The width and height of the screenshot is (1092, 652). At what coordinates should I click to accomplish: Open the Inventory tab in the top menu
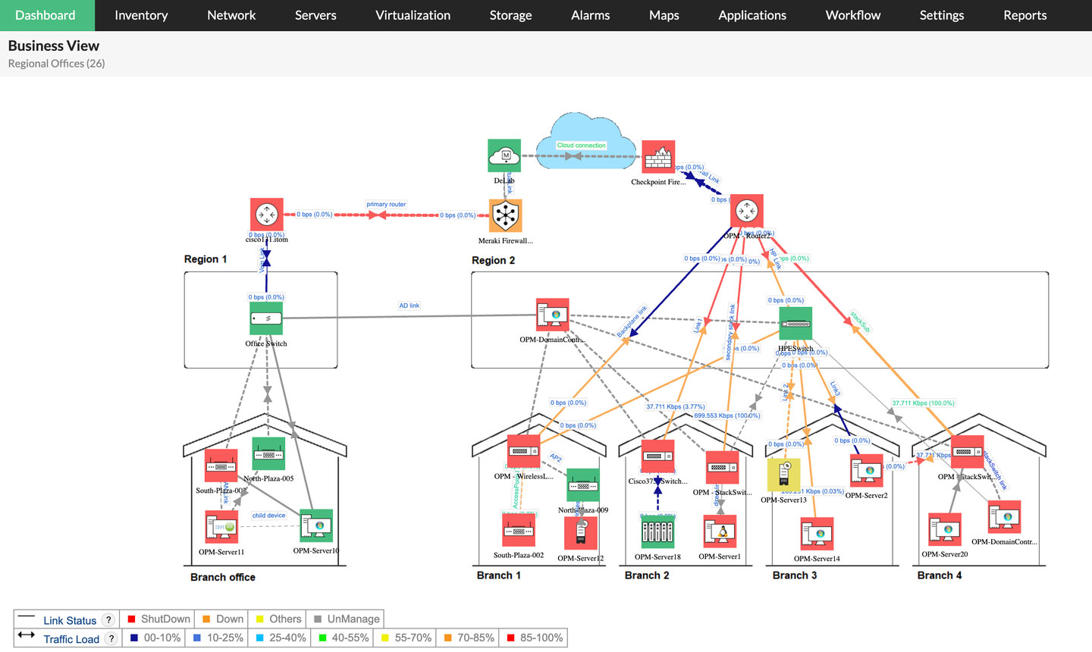(x=141, y=15)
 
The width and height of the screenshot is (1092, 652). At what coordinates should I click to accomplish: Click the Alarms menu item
(x=590, y=15)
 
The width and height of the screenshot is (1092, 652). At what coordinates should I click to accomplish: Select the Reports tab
(x=1025, y=15)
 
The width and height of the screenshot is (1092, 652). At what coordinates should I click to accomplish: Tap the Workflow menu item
(x=852, y=15)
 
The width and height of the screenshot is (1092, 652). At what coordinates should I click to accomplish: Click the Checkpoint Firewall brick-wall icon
(x=658, y=157)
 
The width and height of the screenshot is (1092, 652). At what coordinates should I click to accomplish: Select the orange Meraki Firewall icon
(x=505, y=216)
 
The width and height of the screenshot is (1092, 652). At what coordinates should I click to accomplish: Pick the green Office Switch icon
(x=266, y=318)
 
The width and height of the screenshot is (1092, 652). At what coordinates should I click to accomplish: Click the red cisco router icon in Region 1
(x=267, y=215)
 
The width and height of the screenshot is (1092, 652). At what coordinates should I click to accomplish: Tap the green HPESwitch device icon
(x=795, y=324)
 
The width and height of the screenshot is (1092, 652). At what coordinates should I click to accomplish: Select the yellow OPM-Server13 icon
(x=783, y=475)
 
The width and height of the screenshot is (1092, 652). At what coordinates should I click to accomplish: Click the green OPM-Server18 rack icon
(x=657, y=531)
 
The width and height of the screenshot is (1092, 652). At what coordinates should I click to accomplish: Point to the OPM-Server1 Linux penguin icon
(x=720, y=531)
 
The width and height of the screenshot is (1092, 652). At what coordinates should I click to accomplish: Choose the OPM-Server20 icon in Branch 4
(x=945, y=529)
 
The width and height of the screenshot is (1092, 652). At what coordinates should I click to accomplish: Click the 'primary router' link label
(x=386, y=204)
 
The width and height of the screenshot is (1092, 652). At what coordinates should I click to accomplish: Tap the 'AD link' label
(x=409, y=306)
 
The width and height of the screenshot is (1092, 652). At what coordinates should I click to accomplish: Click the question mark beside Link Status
(x=108, y=620)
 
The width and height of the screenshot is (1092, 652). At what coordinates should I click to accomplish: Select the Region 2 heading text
(x=493, y=260)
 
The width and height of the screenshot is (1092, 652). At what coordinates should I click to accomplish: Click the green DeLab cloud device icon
(x=504, y=155)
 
